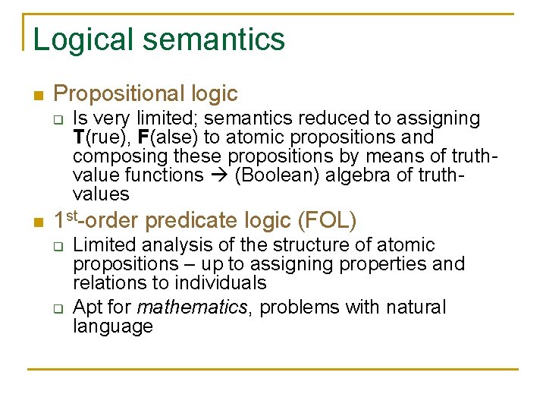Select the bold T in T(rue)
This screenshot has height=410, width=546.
(79, 137)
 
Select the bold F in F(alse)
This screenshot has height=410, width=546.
(144, 137)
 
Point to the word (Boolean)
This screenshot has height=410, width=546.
(271, 175)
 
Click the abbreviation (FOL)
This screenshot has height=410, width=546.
(328, 220)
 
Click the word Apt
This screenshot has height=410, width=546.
(86, 307)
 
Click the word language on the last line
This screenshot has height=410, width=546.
(113, 327)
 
